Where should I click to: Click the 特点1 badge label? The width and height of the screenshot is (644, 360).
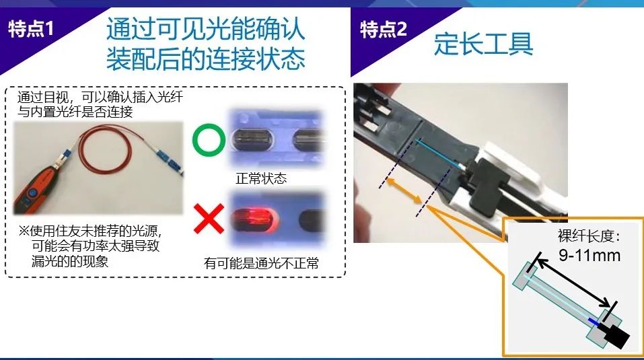tap(31, 29)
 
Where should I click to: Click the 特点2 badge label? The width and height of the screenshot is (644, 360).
tap(384, 29)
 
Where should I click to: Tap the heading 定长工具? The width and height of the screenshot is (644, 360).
tap(483, 44)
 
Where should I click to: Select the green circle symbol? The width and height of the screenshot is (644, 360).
tap(209, 140)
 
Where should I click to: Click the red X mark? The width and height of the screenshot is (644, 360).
tap(209, 219)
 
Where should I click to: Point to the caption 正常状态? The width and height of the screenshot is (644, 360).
tap(261, 178)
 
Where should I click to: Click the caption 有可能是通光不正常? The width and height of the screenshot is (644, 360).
tap(261, 262)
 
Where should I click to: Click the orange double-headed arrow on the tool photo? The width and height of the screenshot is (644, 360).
tap(404, 190)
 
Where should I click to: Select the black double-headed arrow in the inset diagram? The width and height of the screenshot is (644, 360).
tap(573, 282)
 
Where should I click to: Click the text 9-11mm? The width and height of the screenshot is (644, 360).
tap(589, 255)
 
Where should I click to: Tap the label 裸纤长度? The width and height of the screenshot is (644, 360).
tap(586, 236)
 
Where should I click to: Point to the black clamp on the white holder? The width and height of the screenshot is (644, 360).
tap(487, 184)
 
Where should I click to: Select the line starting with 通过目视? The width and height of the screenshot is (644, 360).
tap(100, 98)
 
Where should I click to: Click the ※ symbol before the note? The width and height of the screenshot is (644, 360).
tap(24, 231)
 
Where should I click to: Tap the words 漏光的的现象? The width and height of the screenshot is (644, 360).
tap(70, 261)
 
